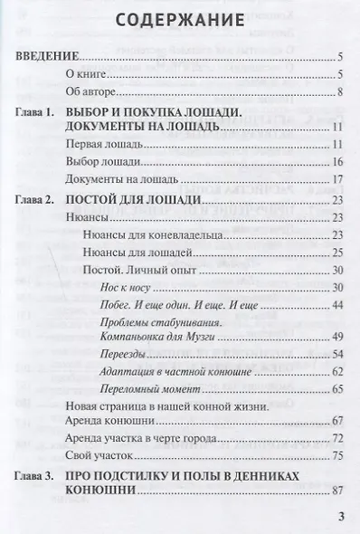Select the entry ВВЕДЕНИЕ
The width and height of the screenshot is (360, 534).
pyautogui.click(x=50, y=56)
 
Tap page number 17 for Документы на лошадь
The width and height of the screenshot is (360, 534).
pyautogui.click(x=335, y=178)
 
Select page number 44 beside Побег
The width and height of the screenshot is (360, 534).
pyautogui.click(x=335, y=304)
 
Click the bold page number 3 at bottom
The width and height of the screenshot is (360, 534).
pyautogui.click(x=340, y=517)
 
